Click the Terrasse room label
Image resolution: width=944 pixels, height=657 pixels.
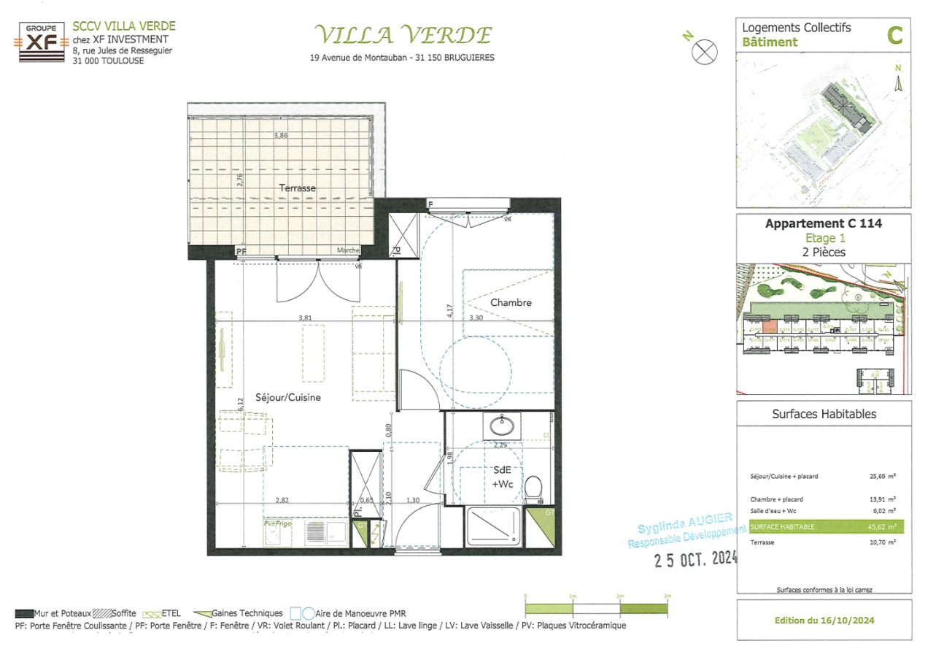pos(297,188)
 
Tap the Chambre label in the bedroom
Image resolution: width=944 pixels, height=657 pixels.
pos(511,302)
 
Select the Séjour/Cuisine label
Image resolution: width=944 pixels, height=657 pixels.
pos(289,398)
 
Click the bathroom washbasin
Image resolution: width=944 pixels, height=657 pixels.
pos(501,424)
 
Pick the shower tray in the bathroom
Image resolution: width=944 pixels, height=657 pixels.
pos(495,526)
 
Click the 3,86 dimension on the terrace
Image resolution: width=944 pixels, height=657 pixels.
pos(282,135)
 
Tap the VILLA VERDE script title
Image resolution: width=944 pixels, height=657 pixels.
pos(403,34)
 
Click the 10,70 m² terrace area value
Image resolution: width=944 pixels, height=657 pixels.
pos(886,543)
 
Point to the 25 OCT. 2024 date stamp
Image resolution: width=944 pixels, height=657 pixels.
pos(694,560)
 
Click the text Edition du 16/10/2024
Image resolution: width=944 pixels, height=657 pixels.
pos(824,620)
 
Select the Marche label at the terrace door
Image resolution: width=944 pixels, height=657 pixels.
pos(348,250)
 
